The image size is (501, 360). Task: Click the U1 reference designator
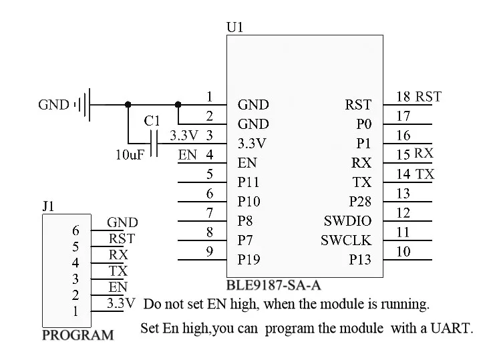pyautogui.click(x=235, y=27)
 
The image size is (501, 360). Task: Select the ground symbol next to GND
pyautogui.click(x=83, y=104)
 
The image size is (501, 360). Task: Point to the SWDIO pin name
pyautogui.click(x=347, y=221)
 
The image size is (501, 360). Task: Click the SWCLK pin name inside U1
pyautogui.click(x=345, y=240)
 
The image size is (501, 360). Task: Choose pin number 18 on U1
pyautogui.click(x=403, y=97)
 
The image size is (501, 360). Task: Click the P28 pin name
pyautogui.click(x=359, y=202)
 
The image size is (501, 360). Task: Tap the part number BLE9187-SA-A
pyautogui.click(x=274, y=286)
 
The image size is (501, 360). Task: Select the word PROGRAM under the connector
pyautogui.click(x=77, y=335)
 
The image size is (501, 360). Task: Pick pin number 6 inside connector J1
pyautogui.click(x=75, y=230)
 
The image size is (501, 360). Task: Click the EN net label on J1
pyautogui.click(x=118, y=287)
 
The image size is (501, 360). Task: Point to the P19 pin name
pyautogui.click(x=248, y=260)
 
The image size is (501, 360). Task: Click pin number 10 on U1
pyautogui.click(x=403, y=252)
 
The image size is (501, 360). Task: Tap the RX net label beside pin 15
pyautogui.click(x=424, y=154)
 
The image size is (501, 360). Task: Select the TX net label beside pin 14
pyautogui.click(x=425, y=174)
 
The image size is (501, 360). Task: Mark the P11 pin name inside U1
pyautogui.click(x=248, y=182)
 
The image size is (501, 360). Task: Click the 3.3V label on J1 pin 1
pyautogui.click(x=121, y=303)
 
